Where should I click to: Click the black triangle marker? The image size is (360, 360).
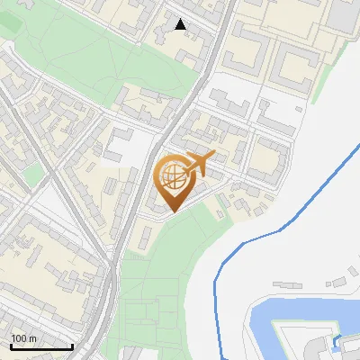181,24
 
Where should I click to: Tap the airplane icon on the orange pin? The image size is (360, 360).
200,165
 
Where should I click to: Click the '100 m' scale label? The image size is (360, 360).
23,338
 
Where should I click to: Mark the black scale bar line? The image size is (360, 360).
41,346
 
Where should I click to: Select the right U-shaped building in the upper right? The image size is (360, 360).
297,67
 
